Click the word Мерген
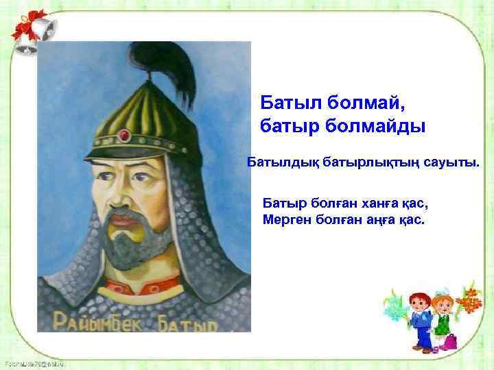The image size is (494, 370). click(288, 220)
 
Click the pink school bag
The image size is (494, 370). click(451, 341)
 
